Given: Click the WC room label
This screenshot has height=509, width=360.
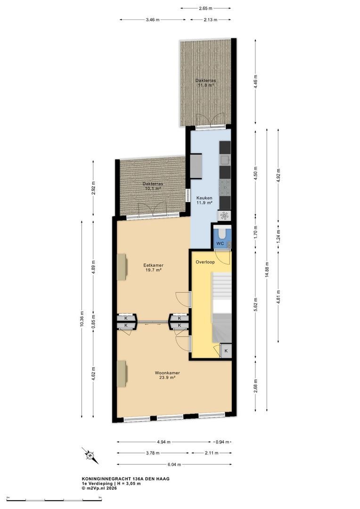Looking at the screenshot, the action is point(220,244).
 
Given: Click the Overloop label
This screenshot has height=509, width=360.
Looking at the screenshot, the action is point(205,262).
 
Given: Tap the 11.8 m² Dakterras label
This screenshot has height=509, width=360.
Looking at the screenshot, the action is point(205,83).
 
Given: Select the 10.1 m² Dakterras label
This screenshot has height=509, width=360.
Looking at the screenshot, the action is point(153,186).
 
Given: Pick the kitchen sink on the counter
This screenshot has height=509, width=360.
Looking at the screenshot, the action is point(225,160).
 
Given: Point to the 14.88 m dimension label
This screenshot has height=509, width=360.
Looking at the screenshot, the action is point(267,270).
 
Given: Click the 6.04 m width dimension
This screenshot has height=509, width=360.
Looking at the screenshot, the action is point(174,465).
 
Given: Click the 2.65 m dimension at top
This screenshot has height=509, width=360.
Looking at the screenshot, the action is point(205,8).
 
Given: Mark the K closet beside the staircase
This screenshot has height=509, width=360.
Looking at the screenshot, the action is point(226,351).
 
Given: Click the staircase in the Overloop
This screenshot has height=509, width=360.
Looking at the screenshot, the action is point(222,307).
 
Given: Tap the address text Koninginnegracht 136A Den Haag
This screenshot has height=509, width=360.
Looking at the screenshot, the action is point(126,479).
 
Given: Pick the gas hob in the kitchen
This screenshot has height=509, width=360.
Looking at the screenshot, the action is point(225,188).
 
